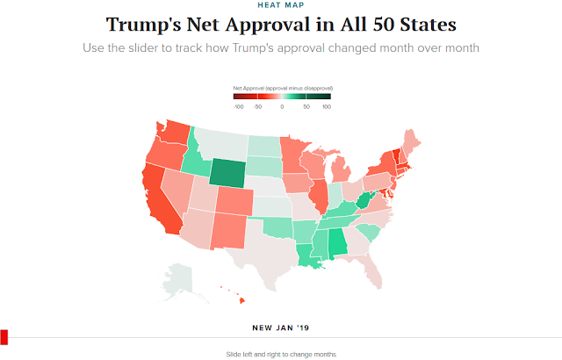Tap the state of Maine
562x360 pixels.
(412, 140)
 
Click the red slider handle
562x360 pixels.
(4, 337)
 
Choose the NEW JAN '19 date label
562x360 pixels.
(281, 328)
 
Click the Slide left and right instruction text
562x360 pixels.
(281, 354)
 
